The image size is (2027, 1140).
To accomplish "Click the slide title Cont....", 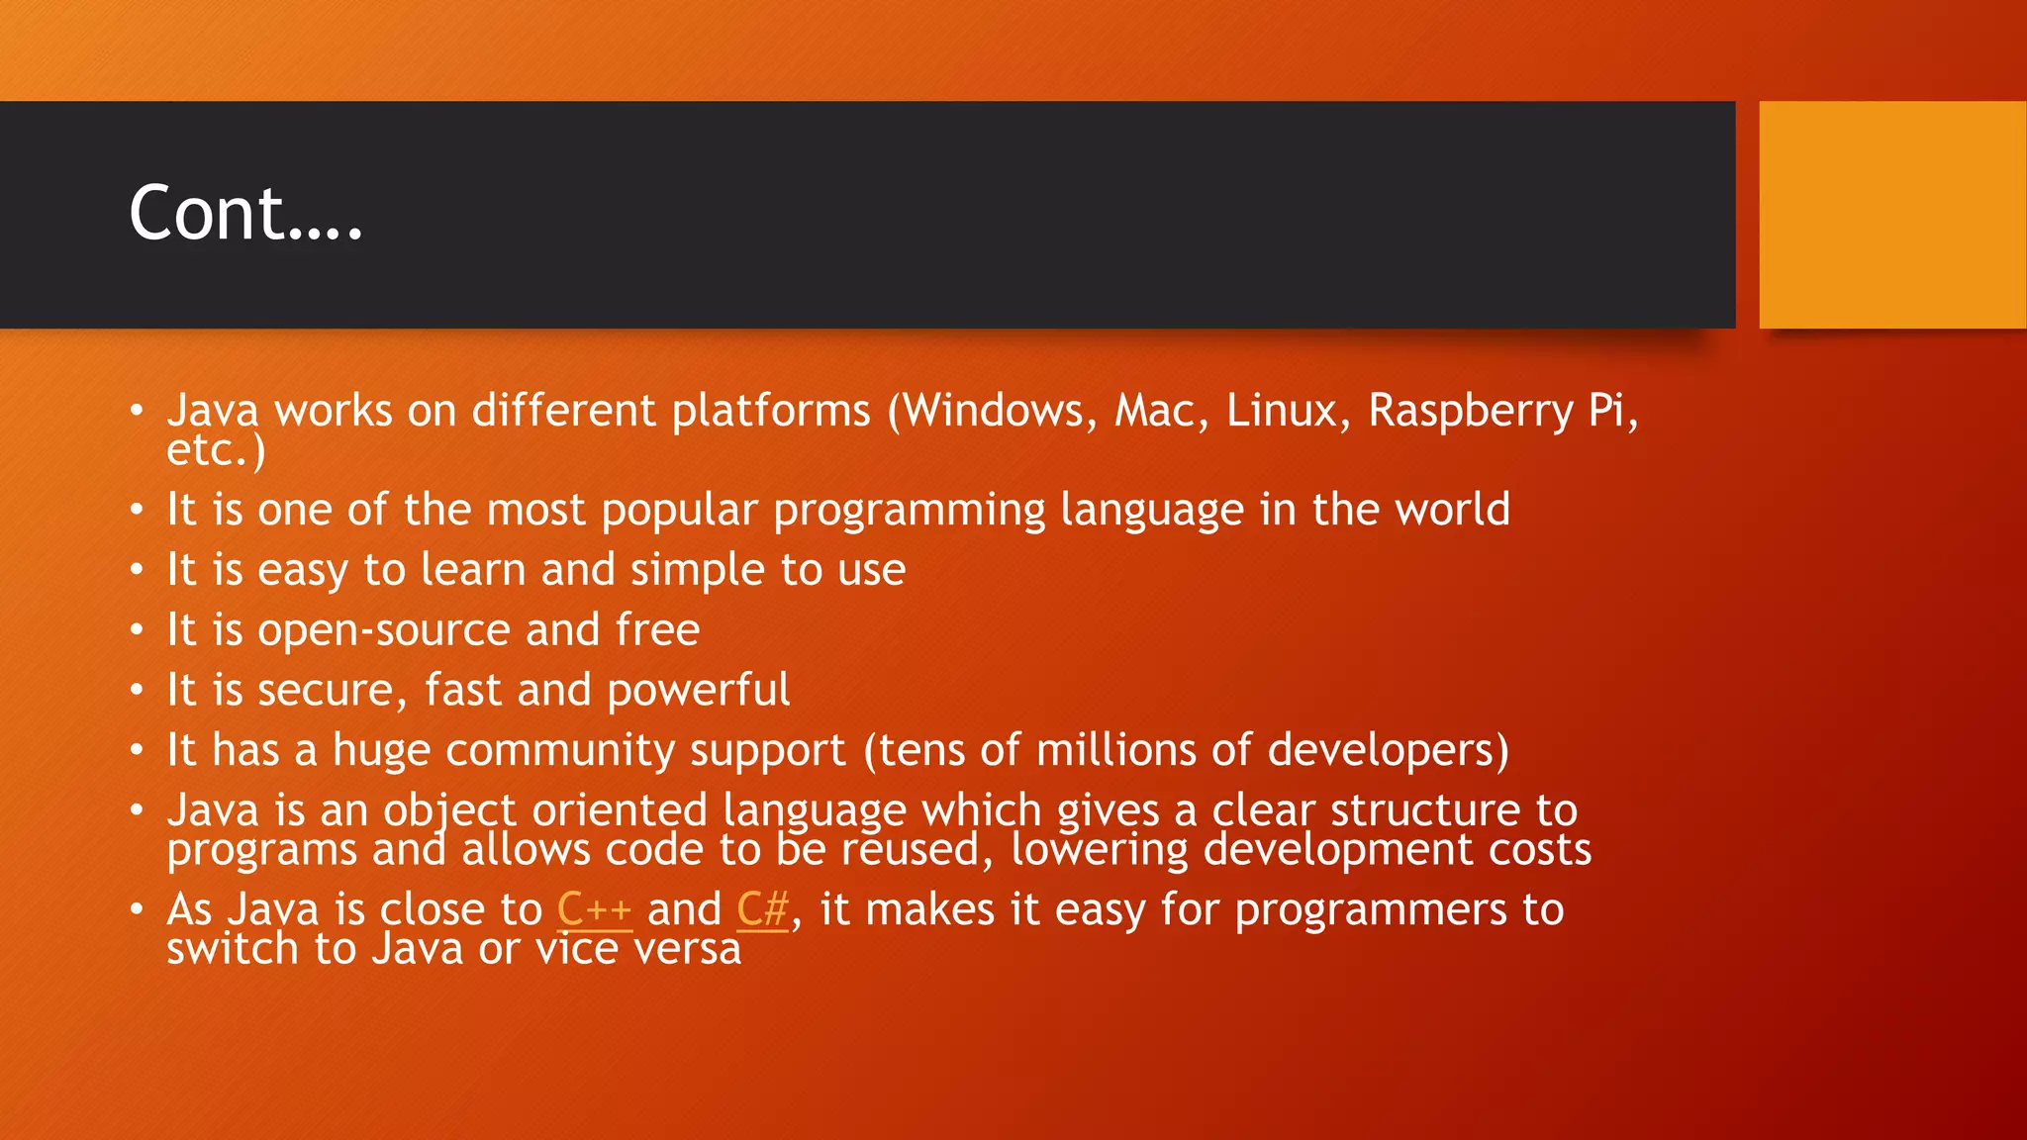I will [x=245, y=214].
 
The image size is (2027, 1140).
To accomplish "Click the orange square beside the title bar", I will [x=1891, y=215].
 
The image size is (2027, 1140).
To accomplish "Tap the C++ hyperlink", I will [x=594, y=909].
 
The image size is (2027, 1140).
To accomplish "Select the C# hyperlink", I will [x=762, y=909].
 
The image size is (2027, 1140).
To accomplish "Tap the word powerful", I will [x=698, y=691].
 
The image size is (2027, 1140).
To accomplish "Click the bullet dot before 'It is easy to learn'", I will [x=137, y=570].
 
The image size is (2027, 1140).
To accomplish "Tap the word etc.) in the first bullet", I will [x=216, y=451].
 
